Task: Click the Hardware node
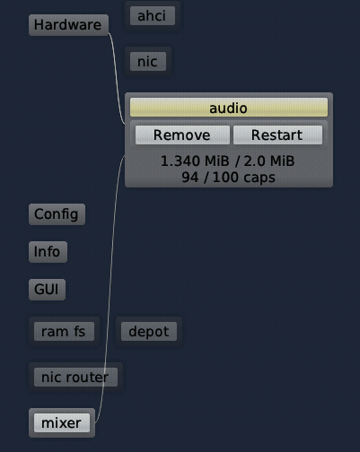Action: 68,25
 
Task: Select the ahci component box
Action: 153,15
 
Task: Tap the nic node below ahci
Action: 148,62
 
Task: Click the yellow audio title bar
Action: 229,108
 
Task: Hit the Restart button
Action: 277,135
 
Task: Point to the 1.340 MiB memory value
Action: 195,161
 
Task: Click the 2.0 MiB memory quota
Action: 268,161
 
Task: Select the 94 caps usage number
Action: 190,178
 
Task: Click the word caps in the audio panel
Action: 259,178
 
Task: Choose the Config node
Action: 57,214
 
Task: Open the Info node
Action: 48,252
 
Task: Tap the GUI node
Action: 47,290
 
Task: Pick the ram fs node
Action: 64,331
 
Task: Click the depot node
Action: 149,331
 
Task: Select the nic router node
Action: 75,377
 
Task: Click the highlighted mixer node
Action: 62,422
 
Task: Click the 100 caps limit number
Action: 225,178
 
